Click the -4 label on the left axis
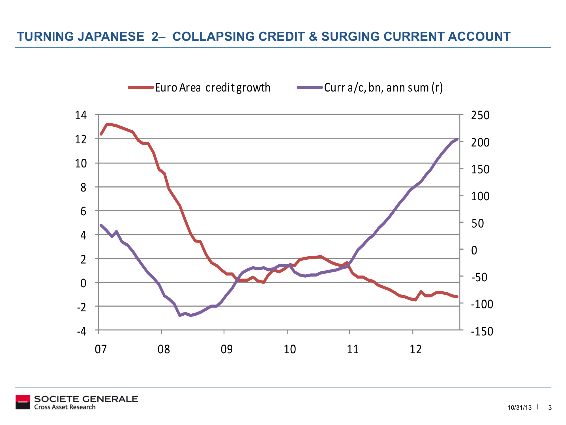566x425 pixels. click(82, 331)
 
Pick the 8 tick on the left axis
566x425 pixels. click(83, 187)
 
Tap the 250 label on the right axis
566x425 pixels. click(480, 115)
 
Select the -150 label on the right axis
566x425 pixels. click(482, 331)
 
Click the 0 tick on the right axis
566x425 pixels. click(474, 250)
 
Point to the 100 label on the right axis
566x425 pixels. click(480, 196)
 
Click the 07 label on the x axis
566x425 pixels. click(101, 349)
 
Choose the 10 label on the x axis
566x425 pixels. click(290, 349)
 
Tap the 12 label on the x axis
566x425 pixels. click(416, 349)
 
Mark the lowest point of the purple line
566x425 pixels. click(180, 315)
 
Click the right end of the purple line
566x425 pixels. click(457, 139)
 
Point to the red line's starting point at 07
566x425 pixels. click(101, 134)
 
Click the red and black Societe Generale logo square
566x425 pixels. click(23, 402)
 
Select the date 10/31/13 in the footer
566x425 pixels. click(520, 408)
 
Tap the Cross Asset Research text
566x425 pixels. click(65, 407)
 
